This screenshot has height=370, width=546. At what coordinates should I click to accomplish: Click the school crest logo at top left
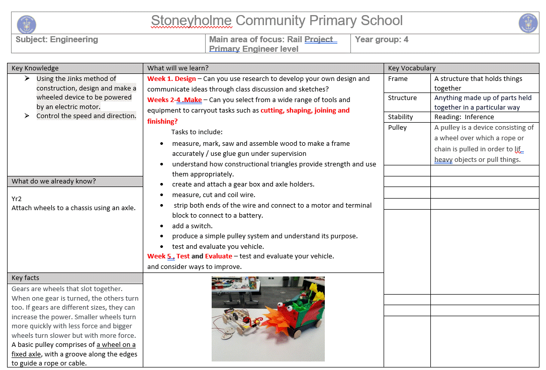pyautogui.click(x=26, y=25)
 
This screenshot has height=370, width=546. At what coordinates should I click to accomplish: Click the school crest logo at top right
pyautogui.click(x=528, y=24)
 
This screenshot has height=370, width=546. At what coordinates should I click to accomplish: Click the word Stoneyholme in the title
pyautogui.click(x=191, y=21)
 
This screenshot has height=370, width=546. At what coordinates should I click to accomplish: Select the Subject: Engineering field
pyautogui.click(x=57, y=39)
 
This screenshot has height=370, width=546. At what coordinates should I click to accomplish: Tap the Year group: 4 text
pyautogui.click(x=382, y=39)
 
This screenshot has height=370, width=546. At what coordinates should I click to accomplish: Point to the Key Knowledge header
pyautogui.click(x=35, y=68)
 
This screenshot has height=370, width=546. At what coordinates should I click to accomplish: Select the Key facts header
pyautogui.click(x=25, y=278)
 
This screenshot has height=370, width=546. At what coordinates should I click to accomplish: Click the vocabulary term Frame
pyautogui.click(x=398, y=79)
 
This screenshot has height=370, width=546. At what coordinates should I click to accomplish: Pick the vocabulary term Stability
pyautogui.click(x=400, y=117)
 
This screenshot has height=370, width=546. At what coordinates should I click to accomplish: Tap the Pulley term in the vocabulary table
pyautogui.click(x=397, y=128)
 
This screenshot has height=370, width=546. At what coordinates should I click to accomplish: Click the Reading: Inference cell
pyautogui.click(x=464, y=117)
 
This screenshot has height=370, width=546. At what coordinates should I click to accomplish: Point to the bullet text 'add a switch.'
pyautogui.click(x=192, y=226)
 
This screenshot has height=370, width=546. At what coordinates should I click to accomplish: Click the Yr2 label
pyautogui.click(x=16, y=199)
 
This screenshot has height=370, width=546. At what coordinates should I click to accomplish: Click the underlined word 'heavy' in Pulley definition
pyautogui.click(x=443, y=160)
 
